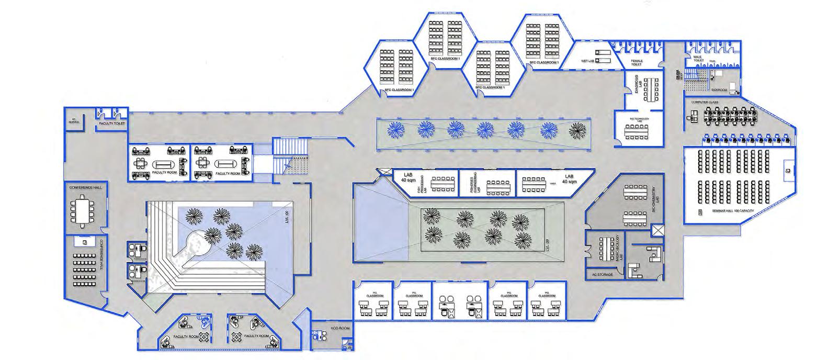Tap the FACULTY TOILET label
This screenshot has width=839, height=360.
pyautogui.click(x=112, y=124)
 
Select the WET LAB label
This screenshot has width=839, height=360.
pyautogui.click(x=588, y=61)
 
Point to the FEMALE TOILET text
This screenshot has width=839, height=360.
pyautogui.click(x=636, y=63)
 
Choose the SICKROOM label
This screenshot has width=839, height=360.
pyautogui.click(x=719, y=90)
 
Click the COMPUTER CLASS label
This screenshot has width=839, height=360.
pyautogui.click(x=705, y=103)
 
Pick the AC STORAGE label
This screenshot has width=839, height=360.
pyautogui.click(x=602, y=274)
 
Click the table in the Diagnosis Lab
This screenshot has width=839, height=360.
pyautogui.click(x=651, y=91)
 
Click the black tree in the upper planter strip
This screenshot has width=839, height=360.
pyautogui.click(x=578, y=128)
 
